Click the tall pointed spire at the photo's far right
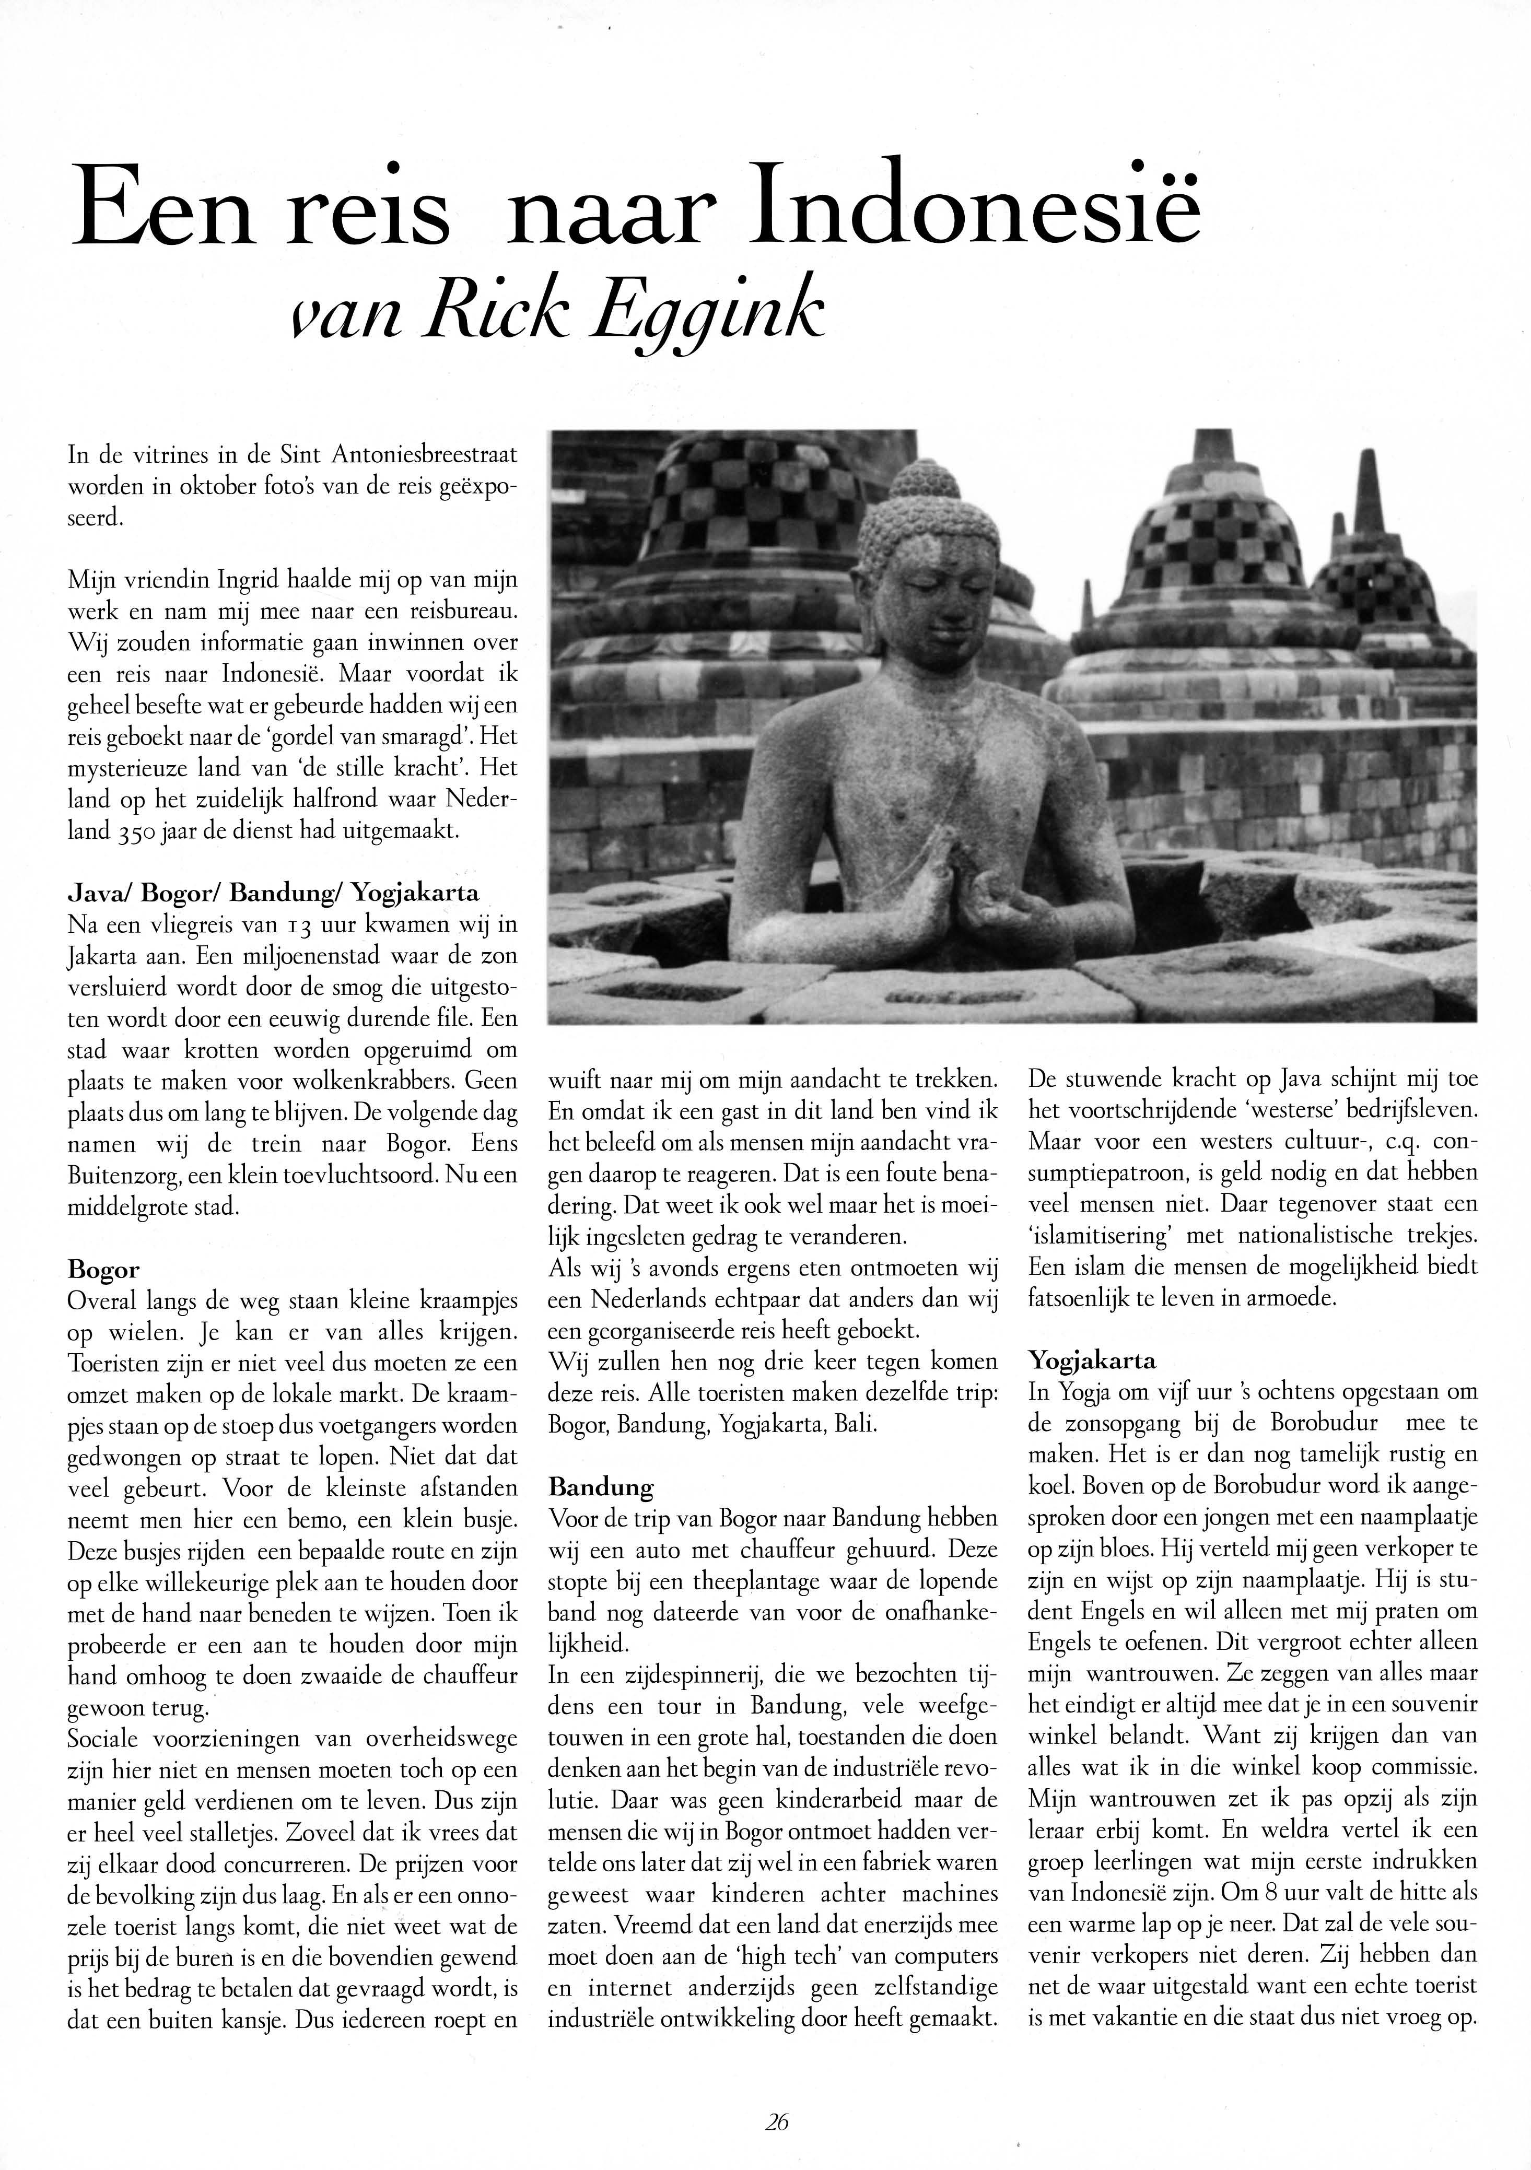[1370, 491]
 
